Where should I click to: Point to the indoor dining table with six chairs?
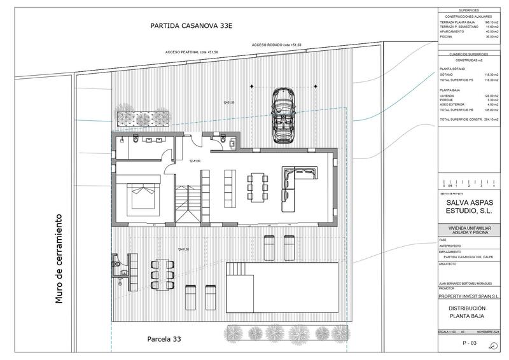pos(257,187)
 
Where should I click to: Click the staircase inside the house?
pos(186,202)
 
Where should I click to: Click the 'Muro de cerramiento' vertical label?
pos(60,257)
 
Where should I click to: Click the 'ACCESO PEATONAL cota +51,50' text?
pos(192,51)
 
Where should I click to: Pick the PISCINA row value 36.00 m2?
pos(489,37)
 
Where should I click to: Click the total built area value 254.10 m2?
pos(489,119)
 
